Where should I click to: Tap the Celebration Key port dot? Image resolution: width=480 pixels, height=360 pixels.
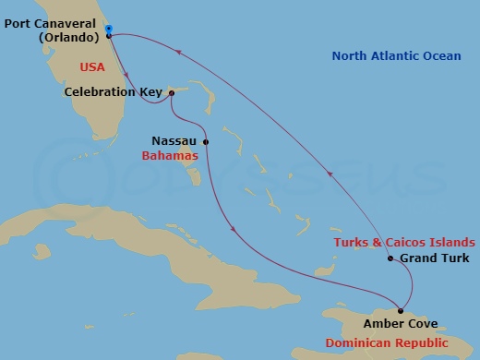pos(172,92)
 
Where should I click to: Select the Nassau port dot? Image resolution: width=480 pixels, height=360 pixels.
pos(205,142)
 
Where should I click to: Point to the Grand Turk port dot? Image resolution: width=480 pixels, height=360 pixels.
pos(390,258)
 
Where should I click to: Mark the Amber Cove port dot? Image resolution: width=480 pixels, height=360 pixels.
pos(400,310)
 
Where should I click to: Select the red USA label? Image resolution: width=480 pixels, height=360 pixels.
pos(93,67)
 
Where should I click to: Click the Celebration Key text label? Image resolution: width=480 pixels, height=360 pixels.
pos(114,92)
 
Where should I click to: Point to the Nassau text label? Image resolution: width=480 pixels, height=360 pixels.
pos(174,142)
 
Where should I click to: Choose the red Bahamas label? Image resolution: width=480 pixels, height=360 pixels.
pos(171,156)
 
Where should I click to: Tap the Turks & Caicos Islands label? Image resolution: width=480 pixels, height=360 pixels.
pos(404,242)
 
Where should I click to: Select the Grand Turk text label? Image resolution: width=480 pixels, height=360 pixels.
pos(430,258)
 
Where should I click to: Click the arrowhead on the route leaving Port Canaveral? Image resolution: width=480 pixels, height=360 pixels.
pos(126,77)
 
